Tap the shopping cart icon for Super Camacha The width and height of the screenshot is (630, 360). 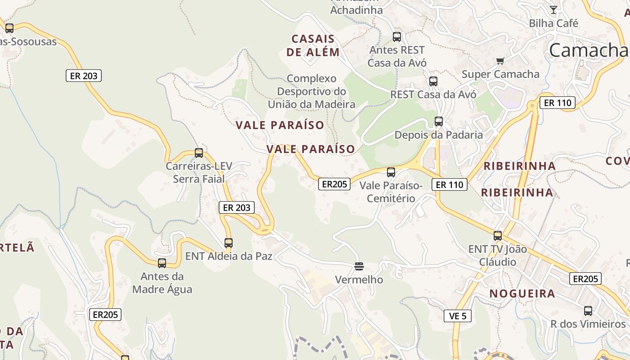499,61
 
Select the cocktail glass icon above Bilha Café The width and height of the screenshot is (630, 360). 553,9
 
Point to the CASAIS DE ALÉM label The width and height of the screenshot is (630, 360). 313,45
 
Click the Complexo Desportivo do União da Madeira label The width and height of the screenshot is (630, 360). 311,91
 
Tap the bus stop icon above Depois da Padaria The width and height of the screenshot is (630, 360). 439,121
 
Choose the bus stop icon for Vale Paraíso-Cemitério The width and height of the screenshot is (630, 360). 391,172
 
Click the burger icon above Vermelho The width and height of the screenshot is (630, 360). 359,266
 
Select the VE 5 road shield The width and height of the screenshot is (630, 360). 458,316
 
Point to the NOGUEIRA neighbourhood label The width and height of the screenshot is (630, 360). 522,294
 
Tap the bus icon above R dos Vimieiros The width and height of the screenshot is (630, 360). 588,310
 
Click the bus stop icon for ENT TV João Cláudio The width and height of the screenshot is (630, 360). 498,235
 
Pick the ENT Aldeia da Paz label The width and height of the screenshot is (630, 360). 229,256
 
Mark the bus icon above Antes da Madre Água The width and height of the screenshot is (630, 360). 162,263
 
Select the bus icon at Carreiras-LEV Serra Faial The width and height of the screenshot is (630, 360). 199,153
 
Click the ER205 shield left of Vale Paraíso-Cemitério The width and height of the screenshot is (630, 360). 334,184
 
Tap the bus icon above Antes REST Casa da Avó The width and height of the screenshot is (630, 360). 397,37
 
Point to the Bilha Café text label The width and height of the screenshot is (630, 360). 553,23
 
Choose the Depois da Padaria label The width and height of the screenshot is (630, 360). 439,135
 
